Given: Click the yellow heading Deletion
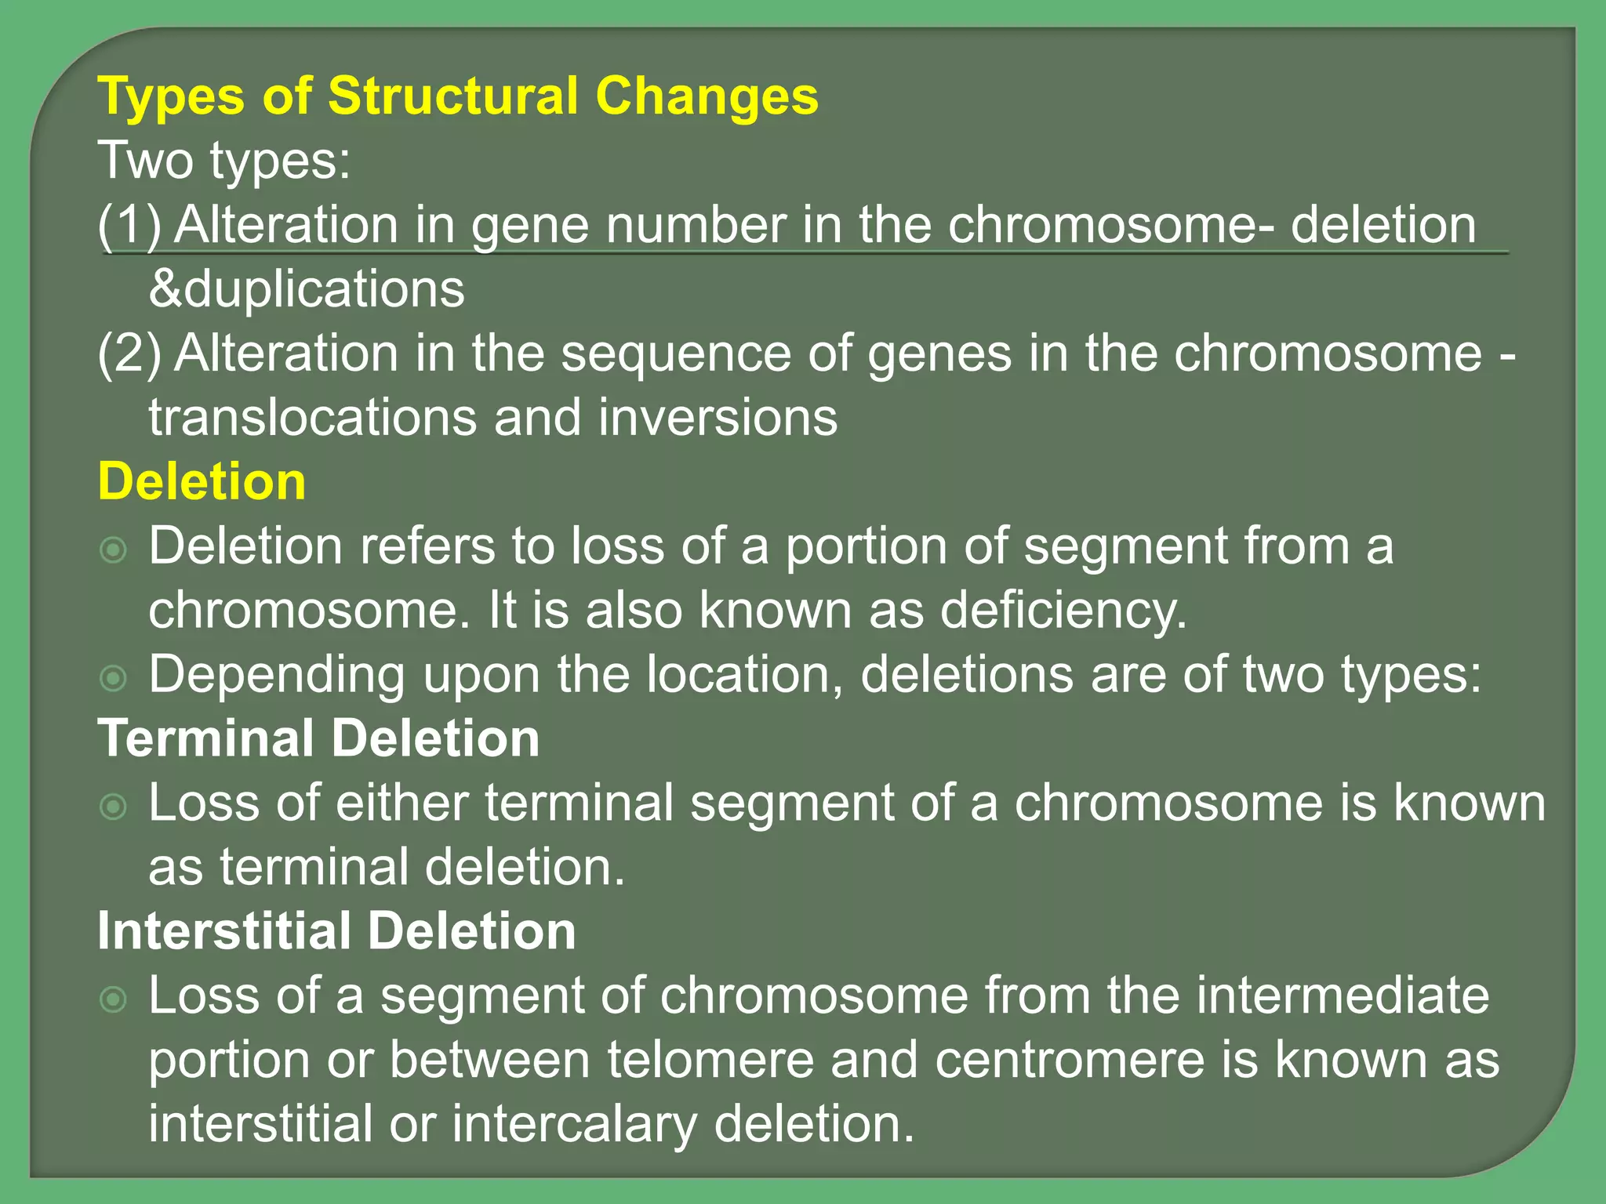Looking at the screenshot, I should coord(202,481).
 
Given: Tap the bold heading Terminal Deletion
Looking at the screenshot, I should coord(318,738).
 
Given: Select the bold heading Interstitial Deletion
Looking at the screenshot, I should coord(336,931).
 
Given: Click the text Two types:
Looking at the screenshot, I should coord(224,161).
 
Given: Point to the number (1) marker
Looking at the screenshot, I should coord(129,225).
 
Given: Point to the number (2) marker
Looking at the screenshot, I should coord(129,354).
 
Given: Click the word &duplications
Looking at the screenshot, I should coord(307,289).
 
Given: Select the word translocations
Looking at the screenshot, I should coord(312,418).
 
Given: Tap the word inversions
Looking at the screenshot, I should coord(718,418).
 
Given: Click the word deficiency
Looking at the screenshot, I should coord(1063,611).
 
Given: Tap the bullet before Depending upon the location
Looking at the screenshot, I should coord(114,678).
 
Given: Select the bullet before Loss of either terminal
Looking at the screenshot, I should coord(114,807).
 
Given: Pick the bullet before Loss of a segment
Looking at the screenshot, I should coord(114,999).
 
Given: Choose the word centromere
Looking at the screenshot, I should coord(1069,1060).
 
